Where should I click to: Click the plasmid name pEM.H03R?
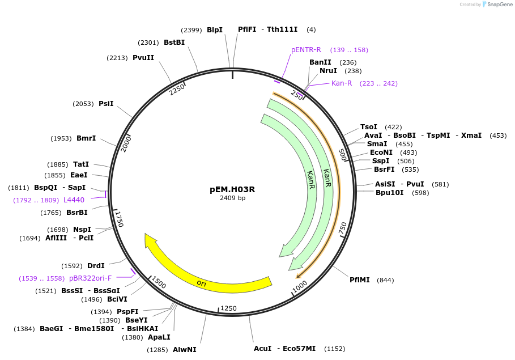[232, 189]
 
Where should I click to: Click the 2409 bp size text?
[232, 198]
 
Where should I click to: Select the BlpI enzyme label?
[215, 29]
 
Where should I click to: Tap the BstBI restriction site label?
[174, 42]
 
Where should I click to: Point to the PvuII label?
[143, 57]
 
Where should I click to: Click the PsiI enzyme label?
[106, 103]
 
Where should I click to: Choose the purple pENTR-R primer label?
[306, 50]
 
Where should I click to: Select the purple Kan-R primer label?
[342, 83]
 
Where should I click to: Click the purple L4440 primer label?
[74, 200]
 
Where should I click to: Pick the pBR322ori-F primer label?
[90, 278]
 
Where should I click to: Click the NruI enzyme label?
[328, 71]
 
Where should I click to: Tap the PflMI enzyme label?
[360, 279]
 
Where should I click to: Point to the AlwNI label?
[185, 349]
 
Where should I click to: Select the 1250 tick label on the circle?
[228, 308]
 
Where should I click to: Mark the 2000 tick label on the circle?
[126, 144]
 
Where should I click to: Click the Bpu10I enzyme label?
[390, 192]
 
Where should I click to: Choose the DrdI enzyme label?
[96, 265]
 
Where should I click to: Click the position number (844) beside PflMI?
[385, 280]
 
